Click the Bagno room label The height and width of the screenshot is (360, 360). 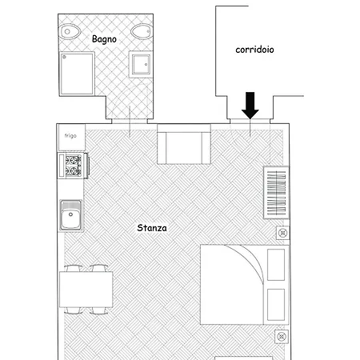(x=104, y=39)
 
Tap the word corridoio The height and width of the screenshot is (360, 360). (x=254, y=50)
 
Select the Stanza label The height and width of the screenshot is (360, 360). (x=152, y=228)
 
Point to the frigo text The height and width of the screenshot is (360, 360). (x=70, y=136)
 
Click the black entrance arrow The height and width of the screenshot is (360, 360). (x=250, y=105)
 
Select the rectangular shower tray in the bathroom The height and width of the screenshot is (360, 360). (x=77, y=74)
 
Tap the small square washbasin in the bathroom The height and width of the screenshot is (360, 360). (x=141, y=65)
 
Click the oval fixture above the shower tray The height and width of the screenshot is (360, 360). (x=70, y=32)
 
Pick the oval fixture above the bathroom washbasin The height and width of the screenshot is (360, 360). (x=142, y=31)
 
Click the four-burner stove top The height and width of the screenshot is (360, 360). (x=74, y=165)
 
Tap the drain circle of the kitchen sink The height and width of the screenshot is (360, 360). (x=70, y=214)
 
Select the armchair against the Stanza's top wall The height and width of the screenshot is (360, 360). (x=184, y=144)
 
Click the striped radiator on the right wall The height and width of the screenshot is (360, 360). (x=276, y=193)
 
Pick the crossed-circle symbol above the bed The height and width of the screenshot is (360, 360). (x=282, y=233)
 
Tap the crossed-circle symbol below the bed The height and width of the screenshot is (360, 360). (x=282, y=337)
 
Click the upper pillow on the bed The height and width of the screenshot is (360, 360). (x=276, y=265)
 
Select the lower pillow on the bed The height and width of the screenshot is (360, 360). (x=276, y=305)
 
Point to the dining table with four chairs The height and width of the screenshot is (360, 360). (x=86, y=290)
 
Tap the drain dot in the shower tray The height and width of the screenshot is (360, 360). (x=64, y=57)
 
